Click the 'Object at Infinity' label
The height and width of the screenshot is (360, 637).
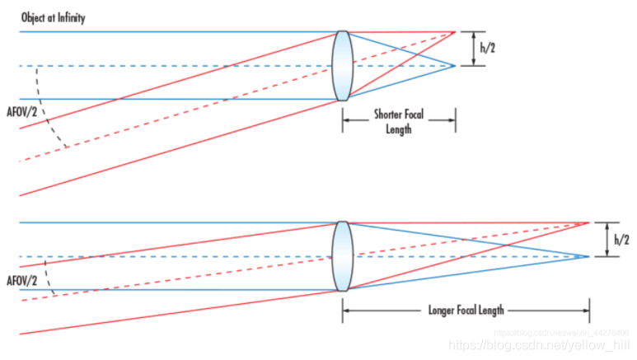[50, 17]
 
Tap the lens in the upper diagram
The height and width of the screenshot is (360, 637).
[342, 66]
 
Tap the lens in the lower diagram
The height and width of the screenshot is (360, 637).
[342, 256]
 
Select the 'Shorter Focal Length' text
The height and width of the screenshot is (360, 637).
[399, 121]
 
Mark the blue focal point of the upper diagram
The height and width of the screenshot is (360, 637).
[455, 66]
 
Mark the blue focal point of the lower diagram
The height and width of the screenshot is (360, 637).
[589, 256]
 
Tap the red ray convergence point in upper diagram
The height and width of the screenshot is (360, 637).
[455, 32]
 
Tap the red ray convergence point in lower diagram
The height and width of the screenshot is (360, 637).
[589, 222]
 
